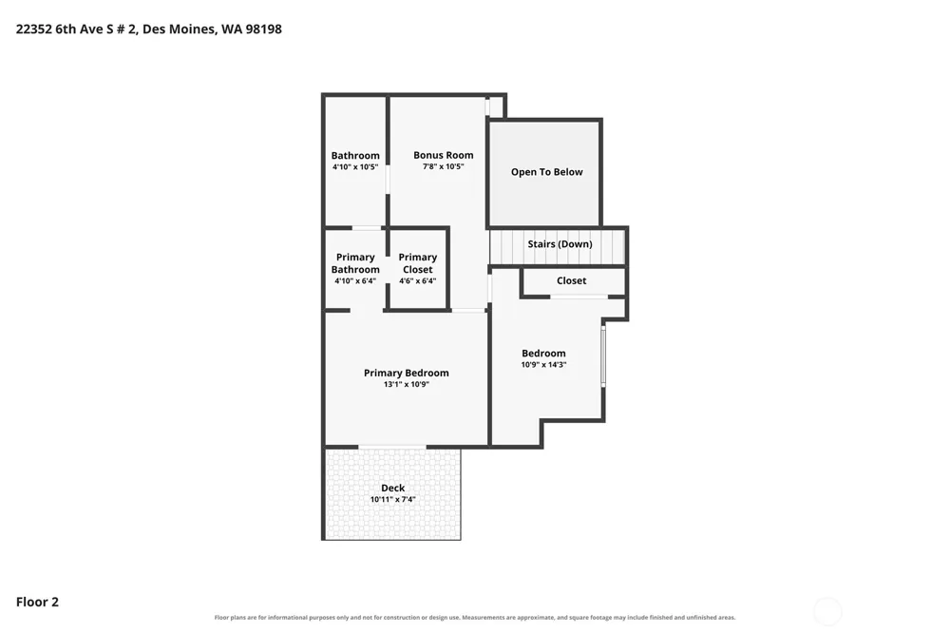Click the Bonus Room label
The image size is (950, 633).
coord(444,155)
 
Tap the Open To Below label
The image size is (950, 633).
coord(546,172)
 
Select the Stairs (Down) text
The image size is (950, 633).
coord(560,244)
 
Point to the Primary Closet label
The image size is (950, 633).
coord(417,263)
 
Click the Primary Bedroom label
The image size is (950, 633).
coord(407,373)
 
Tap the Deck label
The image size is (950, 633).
coord(392,489)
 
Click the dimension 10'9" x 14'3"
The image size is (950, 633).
coord(543,365)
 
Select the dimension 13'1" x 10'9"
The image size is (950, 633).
coord(407,384)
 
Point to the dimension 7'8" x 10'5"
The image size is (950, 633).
coord(444,166)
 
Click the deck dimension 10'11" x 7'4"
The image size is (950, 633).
coord(392,500)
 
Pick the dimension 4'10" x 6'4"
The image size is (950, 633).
coord(355,281)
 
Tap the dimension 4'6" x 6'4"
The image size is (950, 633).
coord(417,281)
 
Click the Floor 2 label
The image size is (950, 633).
coord(38,602)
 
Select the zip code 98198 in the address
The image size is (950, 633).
coord(263,29)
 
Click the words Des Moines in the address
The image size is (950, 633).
coord(180,29)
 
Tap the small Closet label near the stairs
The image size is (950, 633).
coord(571,280)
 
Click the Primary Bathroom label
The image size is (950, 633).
coord(355,263)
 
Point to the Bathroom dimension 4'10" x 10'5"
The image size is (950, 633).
coord(355,167)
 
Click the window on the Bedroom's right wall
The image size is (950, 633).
coord(603,355)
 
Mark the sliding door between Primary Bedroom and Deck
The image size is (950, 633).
coord(392,448)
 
